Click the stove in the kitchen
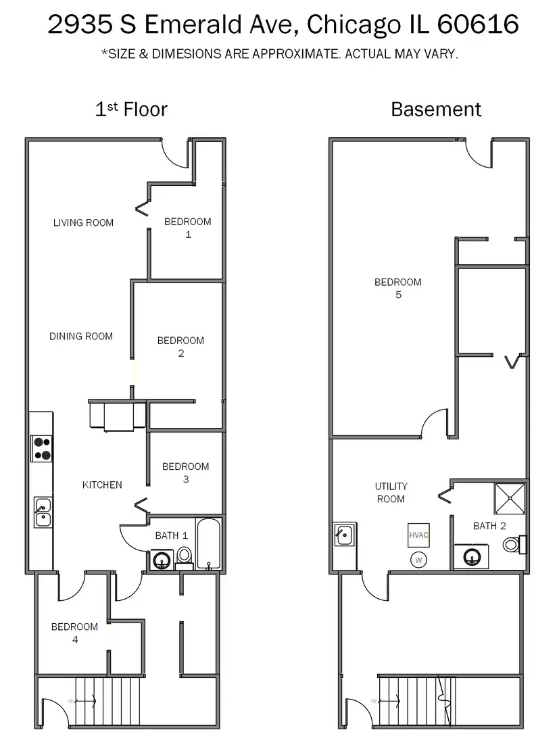pos(41,448)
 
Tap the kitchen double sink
pos(43,512)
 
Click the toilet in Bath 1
pos(184,556)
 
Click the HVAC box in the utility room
pos(418,535)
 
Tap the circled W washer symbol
pos(418,560)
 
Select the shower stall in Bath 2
pos(510,499)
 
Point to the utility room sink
pos(344,536)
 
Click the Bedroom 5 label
pos(398,288)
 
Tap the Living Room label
pos(83,222)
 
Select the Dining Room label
pos(81,336)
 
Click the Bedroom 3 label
pos(185,472)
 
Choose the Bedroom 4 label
pos(74,633)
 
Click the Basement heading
pos(436,109)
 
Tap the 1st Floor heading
pos(131,109)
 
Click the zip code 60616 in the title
pos(478,25)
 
